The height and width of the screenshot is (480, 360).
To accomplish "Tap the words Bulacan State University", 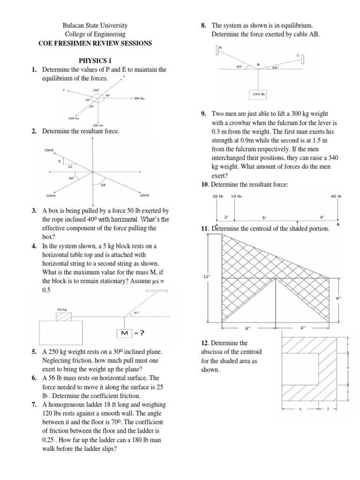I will point(95,25).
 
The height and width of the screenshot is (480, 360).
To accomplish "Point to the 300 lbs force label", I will point(139,98).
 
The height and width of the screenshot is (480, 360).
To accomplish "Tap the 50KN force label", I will point(51,195).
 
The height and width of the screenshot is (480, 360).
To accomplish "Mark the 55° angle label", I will point(105,185).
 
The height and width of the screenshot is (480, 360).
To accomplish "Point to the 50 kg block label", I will point(62,310).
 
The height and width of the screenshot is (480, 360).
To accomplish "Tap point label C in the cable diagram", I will point(298,55).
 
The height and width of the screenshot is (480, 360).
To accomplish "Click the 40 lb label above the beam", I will point(336,196).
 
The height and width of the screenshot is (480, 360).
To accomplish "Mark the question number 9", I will point(202,114).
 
